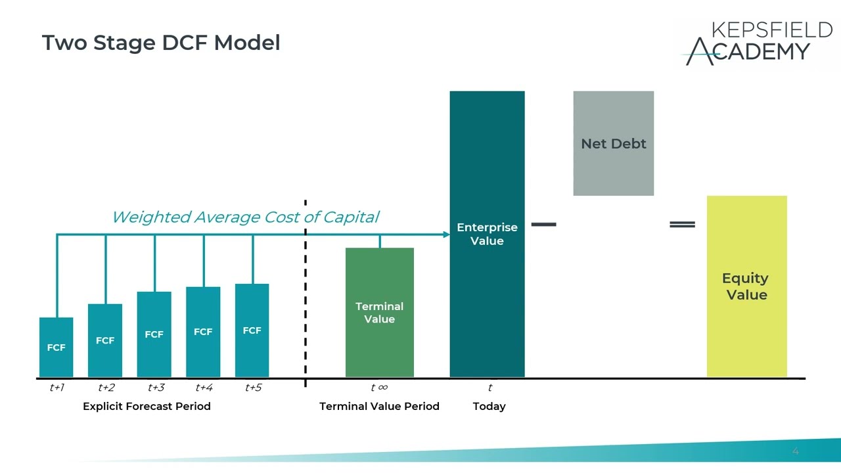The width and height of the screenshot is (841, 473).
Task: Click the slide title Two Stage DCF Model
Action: [x=161, y=43]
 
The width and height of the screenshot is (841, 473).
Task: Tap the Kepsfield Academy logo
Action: [x=756, y=43]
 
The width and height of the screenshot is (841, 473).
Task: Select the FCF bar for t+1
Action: [x=57, y=347]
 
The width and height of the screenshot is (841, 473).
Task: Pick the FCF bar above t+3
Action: [x=154, y=334]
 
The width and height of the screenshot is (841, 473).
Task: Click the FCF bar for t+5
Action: [x=252, y=330]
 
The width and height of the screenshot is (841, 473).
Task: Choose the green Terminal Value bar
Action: [x=380, y=313]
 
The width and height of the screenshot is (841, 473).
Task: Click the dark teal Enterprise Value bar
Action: [x=487, y=234]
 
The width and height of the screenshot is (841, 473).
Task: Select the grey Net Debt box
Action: [x=613, y=143]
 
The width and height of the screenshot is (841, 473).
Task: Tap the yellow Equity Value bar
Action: [x=746, y=286]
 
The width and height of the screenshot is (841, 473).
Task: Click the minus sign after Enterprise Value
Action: [x=543, y=225]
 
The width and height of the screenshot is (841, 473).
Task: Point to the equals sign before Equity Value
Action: [x=682, y=225]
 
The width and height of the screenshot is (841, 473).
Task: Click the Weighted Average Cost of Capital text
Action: [x=245, y=217]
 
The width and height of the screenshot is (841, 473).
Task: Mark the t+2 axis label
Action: [x=106, y=388]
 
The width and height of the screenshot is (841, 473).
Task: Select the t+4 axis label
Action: [x=204, y=388]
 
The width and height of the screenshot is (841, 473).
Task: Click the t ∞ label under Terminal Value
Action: [x=379, y=388]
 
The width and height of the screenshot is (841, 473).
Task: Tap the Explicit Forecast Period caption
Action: [x=147, y=407]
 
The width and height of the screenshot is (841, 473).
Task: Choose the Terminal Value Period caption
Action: [x=379, y=407]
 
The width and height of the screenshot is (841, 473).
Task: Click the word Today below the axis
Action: [x=489, y=407]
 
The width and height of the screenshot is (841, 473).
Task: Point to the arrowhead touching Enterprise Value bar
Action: [x=446, y=235]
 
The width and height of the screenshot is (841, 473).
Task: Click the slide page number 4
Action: [x=795, y=451]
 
